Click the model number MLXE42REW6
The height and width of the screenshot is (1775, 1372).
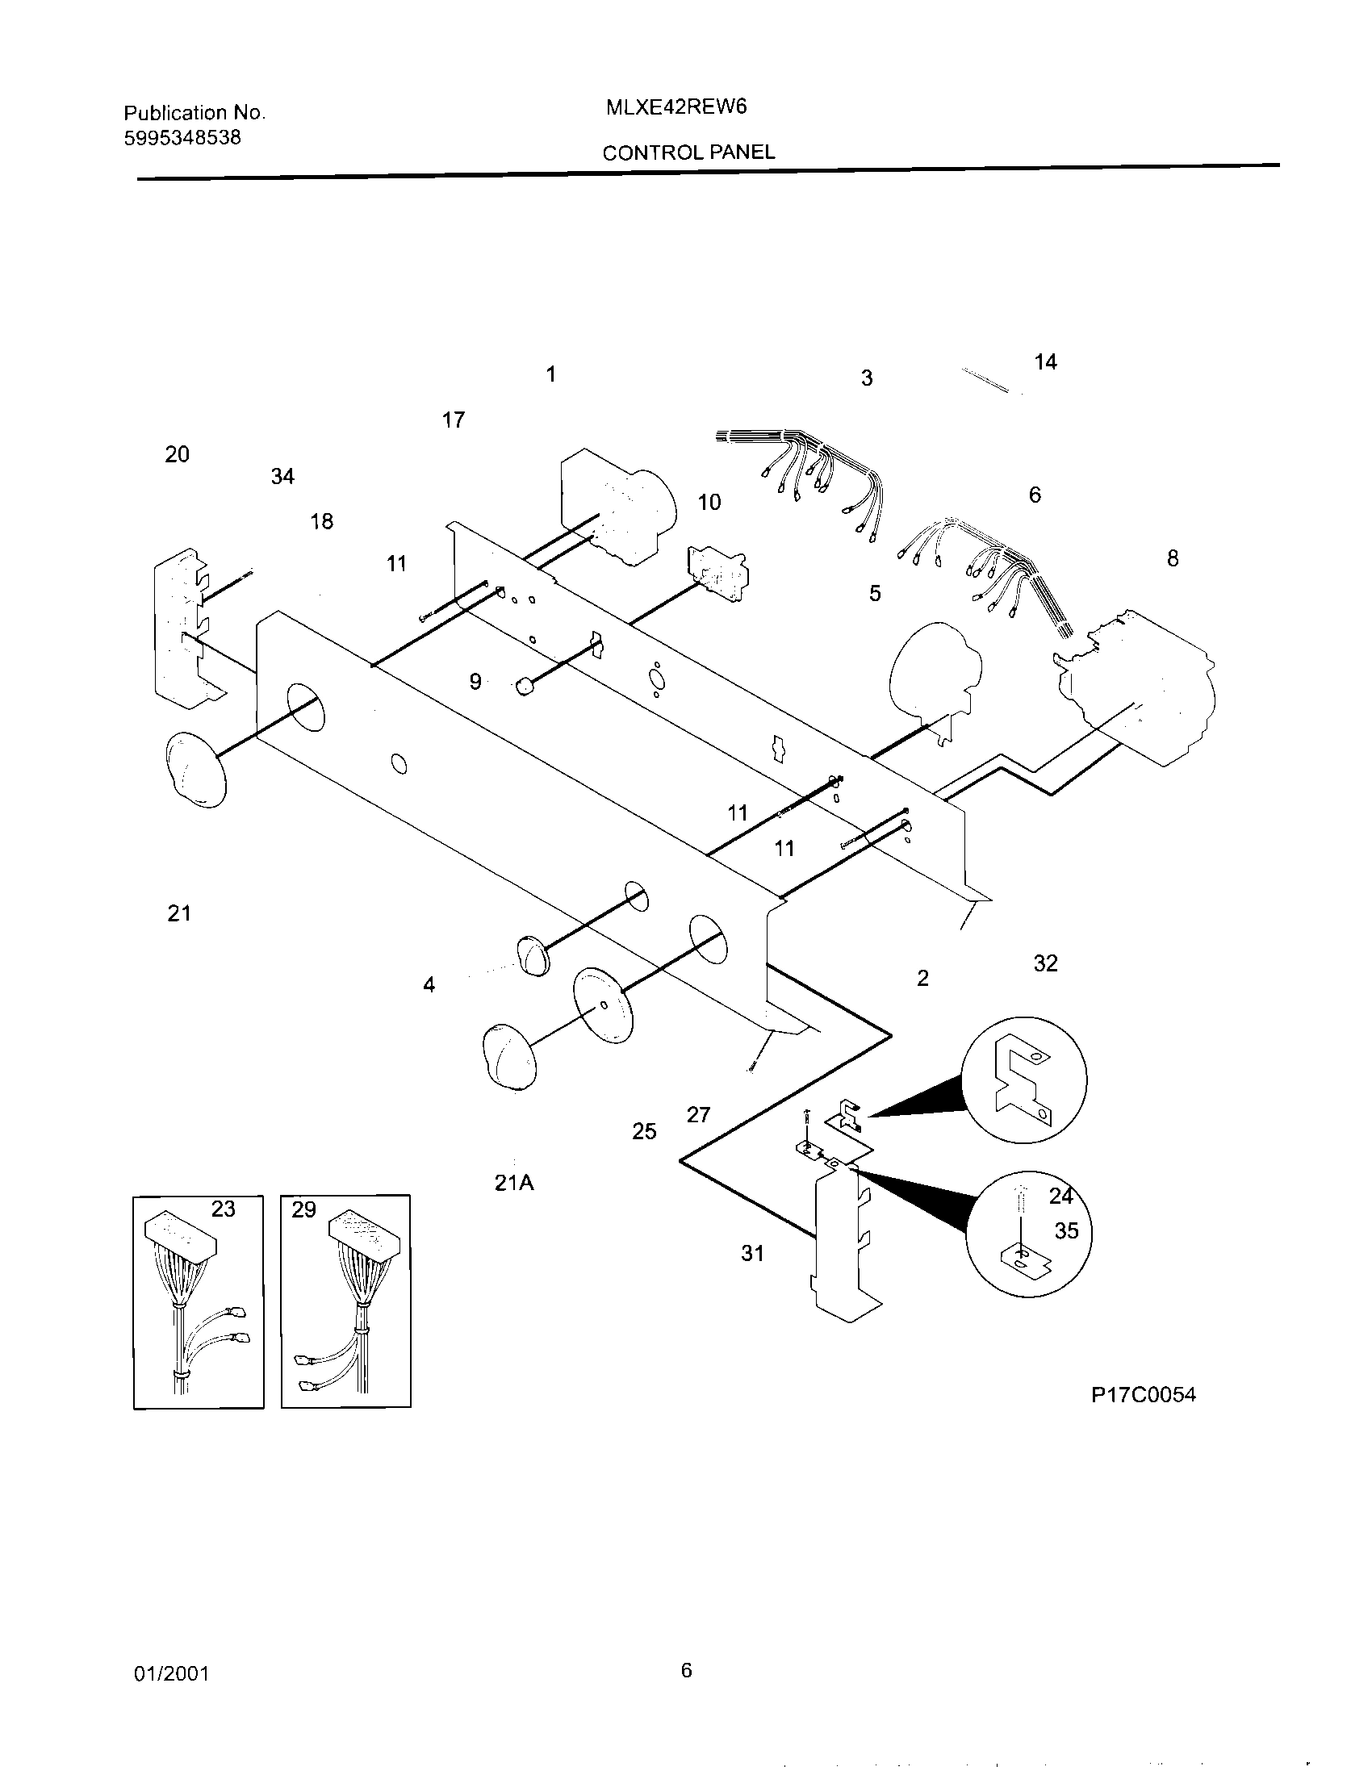pos(676,107)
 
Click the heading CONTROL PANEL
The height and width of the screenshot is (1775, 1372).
pos(688,152)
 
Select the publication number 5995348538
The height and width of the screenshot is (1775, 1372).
pos(182,137)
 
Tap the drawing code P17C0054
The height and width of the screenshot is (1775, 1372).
pos(1143,1396)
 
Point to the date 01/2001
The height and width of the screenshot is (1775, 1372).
pos(171,1674)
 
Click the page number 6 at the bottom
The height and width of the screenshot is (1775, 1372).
pos(686,1670)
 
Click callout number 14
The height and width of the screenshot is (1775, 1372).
pos(1045,362)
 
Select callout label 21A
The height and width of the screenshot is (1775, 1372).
pos(513,1184)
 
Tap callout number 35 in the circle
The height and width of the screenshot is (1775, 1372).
pos(1066,1231)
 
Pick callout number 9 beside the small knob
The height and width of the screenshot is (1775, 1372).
pos(475,682)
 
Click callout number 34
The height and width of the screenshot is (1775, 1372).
pos(282,477)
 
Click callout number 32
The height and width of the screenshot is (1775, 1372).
pos(1045,963)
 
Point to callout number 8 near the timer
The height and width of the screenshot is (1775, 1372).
pos(1172,558)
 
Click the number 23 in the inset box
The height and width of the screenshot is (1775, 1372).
pos(224,1210)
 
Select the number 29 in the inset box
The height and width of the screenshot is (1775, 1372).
pos(303,1210)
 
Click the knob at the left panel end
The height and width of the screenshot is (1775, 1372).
pos(195,769)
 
